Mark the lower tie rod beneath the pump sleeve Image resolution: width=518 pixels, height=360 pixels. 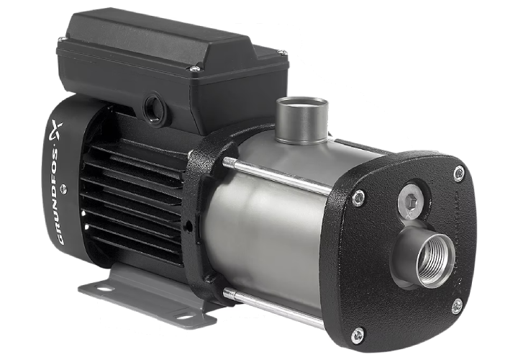pyautogui.click(x=273, y=305)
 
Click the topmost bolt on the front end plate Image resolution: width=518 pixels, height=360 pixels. pyautogui.click(x=459, y=173)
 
